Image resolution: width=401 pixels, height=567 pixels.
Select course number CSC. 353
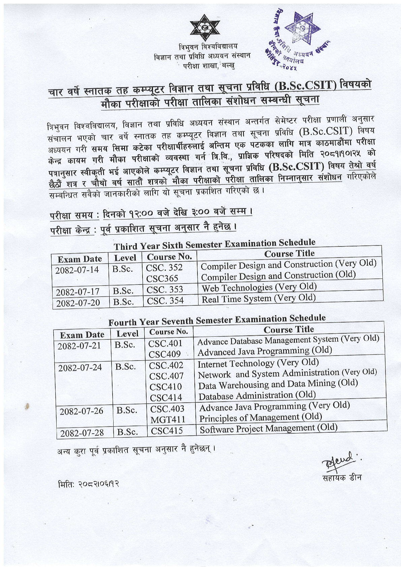point(165,290)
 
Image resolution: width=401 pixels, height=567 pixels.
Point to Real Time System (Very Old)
point(258,299)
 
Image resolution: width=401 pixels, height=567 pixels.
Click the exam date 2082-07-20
point(78,303)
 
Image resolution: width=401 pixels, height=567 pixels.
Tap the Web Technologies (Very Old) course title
point(259,287)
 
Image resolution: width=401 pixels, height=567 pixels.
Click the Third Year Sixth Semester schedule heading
point(214,244)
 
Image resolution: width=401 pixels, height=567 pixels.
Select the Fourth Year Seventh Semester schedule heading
point(217,320)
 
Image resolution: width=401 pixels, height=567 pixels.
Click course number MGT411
point(167,419)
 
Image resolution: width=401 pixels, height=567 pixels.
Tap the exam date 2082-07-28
point(81,433)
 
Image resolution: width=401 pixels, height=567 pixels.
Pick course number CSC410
point(165,387)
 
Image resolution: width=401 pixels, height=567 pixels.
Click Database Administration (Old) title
point(257,395)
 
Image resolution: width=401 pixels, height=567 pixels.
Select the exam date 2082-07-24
point(80,367)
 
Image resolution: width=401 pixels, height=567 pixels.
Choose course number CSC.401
point(165,343)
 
